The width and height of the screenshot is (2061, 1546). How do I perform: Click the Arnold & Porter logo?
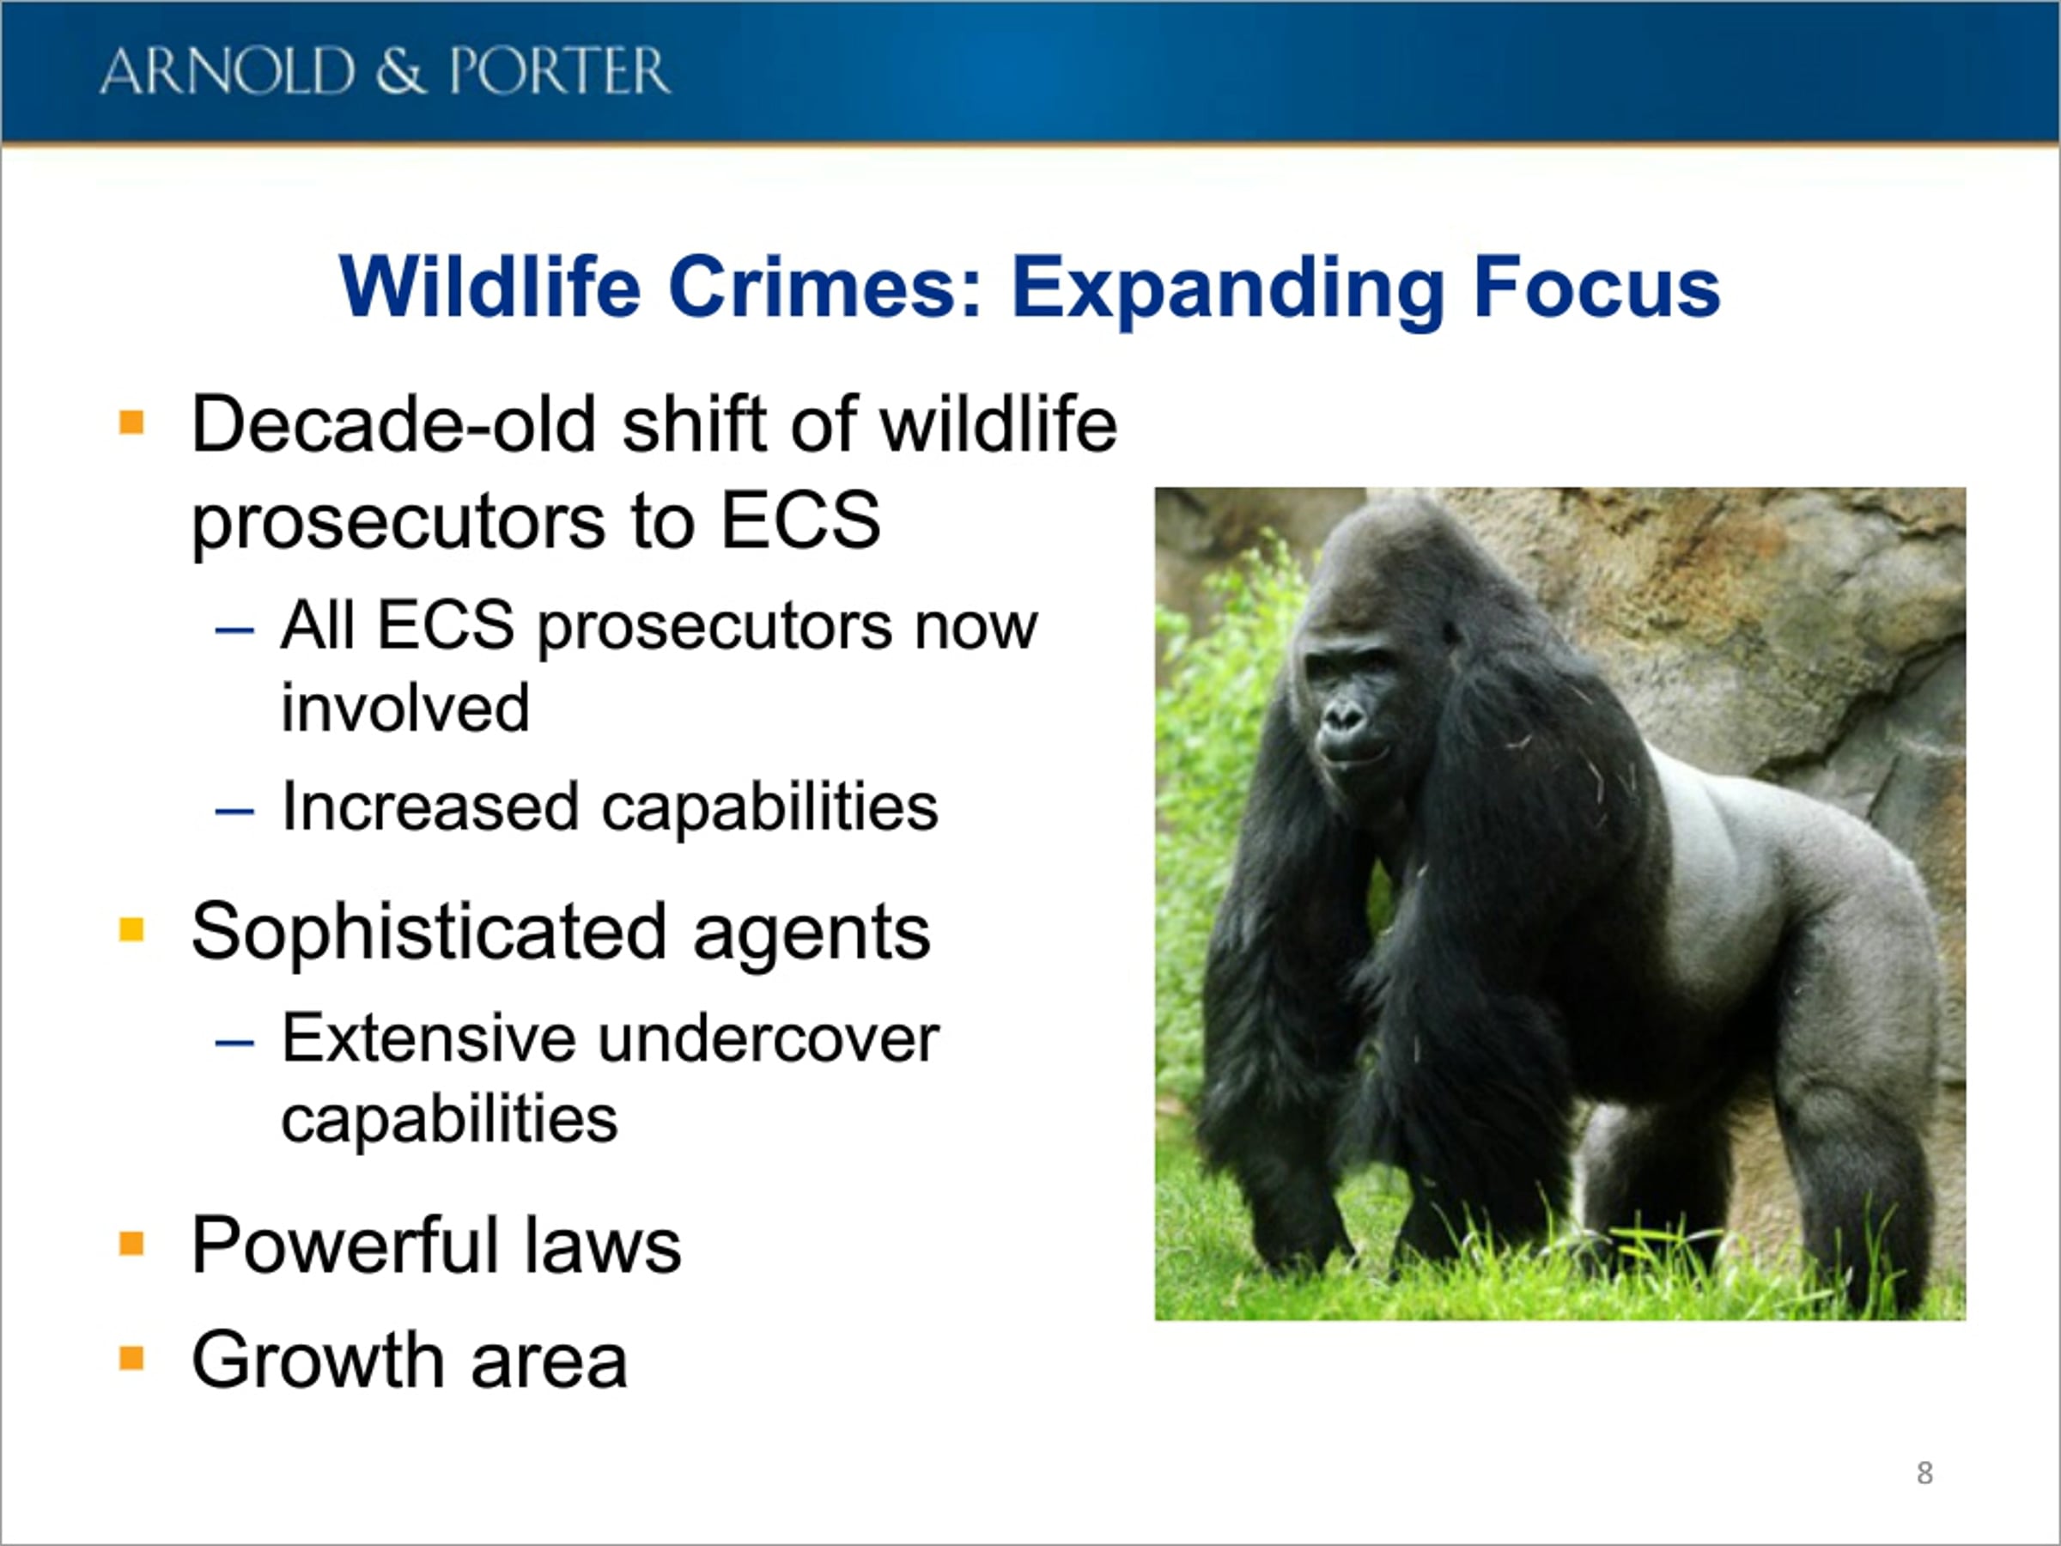click(x=385, y=72)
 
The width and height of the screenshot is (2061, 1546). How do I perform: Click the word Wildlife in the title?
click(x=490, y=286)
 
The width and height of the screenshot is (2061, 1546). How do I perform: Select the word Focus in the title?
click(x=1596, y=286)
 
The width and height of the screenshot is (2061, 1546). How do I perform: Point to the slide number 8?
click(x=1925, y=1473)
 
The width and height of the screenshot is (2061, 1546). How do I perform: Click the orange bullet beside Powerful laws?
click(x=131, y=1244)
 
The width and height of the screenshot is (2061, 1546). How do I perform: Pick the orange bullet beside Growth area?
click(x=131, y=1359)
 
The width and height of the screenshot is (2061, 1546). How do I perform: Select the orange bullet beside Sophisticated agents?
click(x=131, y=930)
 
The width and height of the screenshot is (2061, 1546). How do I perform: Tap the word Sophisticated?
click(x=429, y=932)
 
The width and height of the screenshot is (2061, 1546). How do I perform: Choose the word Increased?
click(x=430, y=806)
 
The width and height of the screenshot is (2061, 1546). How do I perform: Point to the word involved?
click(x=405, y=708)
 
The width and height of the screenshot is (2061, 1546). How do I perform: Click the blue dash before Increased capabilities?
click(x=234, y=812)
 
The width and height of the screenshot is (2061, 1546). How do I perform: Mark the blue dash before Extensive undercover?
click(x=234, y=1043)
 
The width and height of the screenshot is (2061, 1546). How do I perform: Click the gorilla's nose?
click(x=1341, y=715)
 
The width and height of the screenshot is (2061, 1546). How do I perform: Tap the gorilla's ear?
click(x=1450, y=632)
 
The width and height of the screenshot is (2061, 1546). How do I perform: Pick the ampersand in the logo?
click(x=401, y=72)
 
